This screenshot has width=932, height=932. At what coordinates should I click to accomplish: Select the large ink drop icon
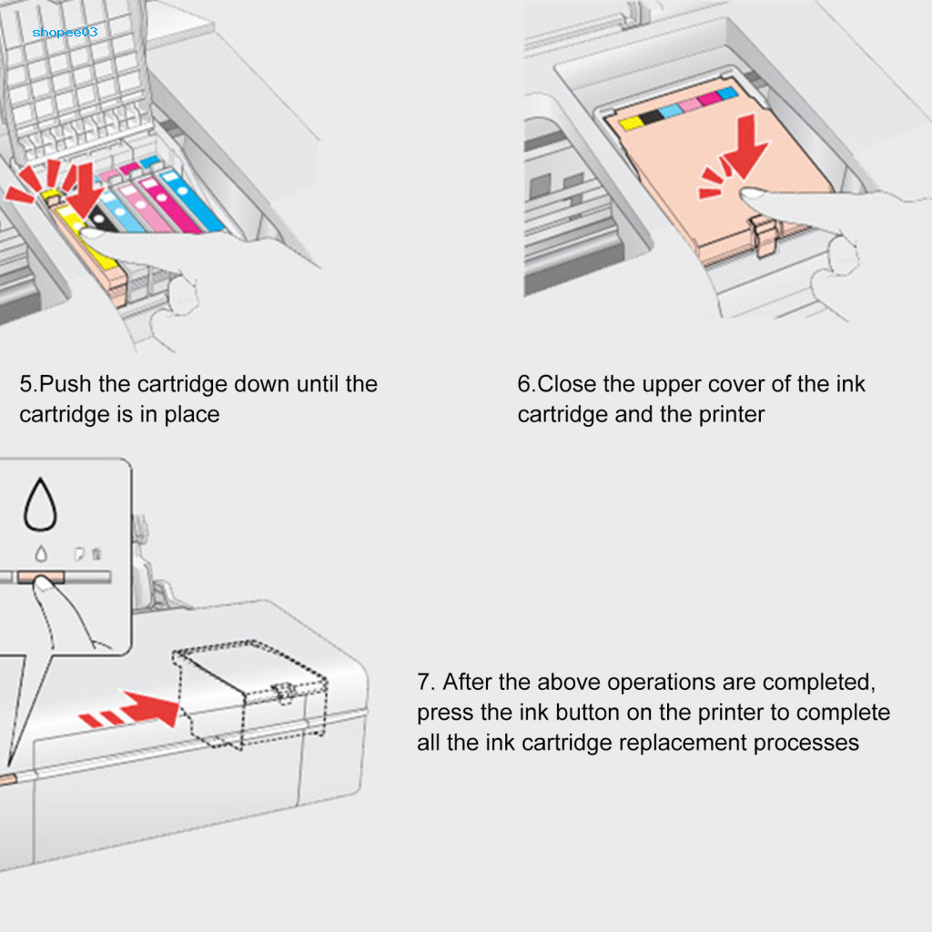coord(40,505)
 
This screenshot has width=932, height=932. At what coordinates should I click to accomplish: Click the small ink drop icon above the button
coord(39,552)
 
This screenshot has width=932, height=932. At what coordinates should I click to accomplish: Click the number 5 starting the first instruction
coord(25,384)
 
